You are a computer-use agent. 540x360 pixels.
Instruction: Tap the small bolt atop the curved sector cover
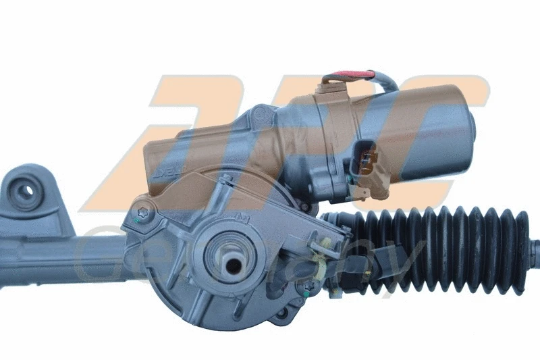(227, 178)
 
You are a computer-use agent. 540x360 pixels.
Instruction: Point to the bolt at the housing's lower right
(312, 286)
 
